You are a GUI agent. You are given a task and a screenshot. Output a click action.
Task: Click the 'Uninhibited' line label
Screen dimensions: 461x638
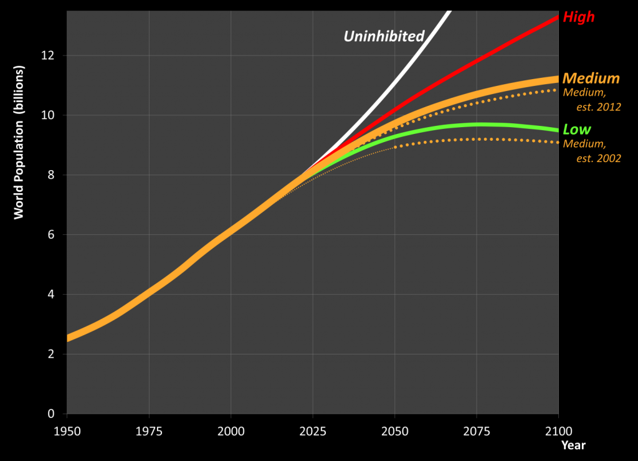pos(384,36)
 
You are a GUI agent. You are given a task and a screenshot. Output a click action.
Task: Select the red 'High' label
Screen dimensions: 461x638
pos(579,17)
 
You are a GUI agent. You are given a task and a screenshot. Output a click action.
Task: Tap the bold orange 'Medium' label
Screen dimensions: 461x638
pos(591,78)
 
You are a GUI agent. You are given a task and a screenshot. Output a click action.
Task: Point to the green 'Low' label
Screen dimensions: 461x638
pos(576,130)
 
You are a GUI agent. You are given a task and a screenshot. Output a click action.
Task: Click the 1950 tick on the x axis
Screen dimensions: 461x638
pos(67,431)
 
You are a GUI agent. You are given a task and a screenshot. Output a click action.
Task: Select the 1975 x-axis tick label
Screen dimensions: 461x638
pos(149,431)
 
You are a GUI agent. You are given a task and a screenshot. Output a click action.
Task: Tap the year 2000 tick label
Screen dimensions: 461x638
pos(231,431)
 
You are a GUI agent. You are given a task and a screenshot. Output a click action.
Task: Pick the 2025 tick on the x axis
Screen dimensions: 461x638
pos(313,431)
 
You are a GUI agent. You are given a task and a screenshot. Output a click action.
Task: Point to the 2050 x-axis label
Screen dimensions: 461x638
pos(395,431)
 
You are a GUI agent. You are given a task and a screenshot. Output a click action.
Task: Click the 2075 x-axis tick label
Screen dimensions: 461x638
pos(477,431)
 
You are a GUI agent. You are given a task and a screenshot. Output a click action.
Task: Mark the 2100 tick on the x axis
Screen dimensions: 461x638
pos(558,431)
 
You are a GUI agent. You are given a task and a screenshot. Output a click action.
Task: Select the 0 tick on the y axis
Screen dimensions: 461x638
pos(52,414)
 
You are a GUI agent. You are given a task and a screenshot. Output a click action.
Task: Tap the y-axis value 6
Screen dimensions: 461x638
pos(52,235)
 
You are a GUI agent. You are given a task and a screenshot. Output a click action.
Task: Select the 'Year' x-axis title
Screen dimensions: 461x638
pos(573,445)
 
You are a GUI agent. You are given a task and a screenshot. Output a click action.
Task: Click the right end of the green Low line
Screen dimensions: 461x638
pos(557,130)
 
